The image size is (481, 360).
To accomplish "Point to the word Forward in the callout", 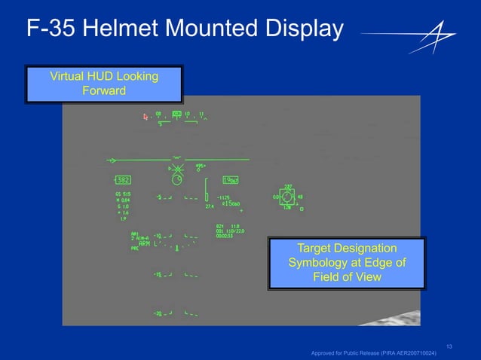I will pos(103,91).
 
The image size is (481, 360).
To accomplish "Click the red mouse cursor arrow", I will pos(146,117).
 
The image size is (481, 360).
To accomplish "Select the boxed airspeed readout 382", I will pos(121,180).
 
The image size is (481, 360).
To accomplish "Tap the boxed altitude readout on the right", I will pos(230,180).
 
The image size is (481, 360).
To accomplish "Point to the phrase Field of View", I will pos(347,276).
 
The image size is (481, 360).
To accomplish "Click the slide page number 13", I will pos(449,346).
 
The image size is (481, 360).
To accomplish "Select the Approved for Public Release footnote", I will pos(373,353).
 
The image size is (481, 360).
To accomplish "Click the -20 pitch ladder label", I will pos(158,313).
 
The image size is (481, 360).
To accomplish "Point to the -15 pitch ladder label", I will pos(158,275).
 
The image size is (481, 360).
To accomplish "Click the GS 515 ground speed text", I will pos(122,194).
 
